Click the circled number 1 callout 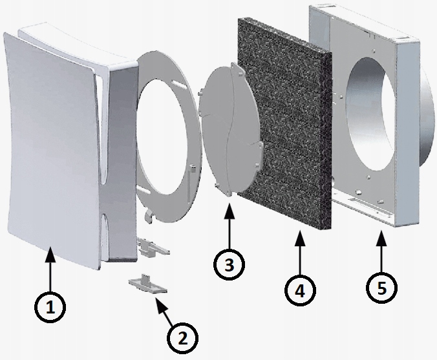point(50,307)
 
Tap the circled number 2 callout point(182,338)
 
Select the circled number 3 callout point(229,264)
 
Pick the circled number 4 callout point(300,290)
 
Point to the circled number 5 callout point(382,287)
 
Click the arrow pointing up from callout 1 point(50,269)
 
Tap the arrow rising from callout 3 point(229,226)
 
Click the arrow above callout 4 point(300,252)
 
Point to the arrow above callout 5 point(381,250)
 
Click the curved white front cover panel point(53,151)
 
